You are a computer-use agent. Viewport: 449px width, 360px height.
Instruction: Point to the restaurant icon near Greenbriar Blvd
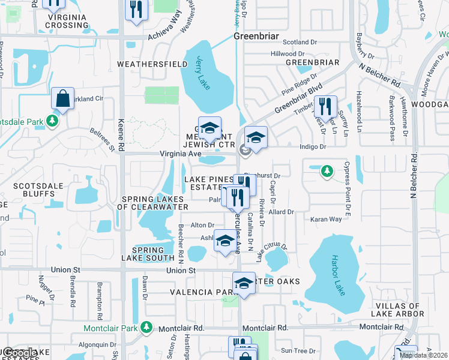pos(325,106)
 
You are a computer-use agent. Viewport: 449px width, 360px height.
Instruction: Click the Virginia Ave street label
pos(180,154)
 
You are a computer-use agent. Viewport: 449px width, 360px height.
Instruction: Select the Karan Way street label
pos(326,220)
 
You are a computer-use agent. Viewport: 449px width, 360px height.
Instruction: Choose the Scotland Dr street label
pos(300,43)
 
